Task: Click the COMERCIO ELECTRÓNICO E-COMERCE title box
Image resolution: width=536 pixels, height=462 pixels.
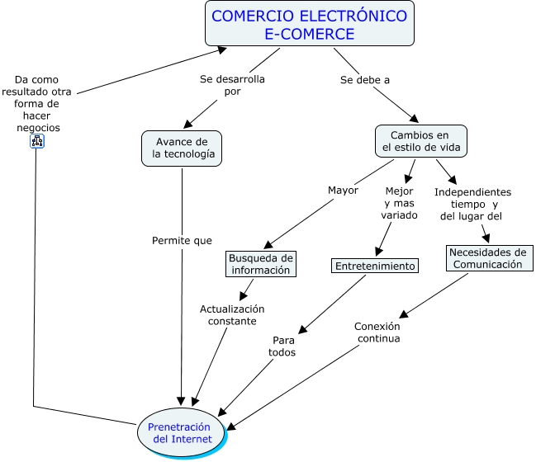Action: (x=309, y=24)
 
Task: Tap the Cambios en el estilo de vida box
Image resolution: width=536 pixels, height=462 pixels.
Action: (x=420, y=141)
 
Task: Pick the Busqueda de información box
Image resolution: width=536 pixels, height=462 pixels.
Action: (x=260, y=263)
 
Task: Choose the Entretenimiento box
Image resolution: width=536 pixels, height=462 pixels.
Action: (x=375, y=266)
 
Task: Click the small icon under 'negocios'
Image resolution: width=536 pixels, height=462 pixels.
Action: (x=37, y=141)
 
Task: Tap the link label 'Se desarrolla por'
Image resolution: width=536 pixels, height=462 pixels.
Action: (x=232, y=86)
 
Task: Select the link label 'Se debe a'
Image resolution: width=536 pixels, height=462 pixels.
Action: (x=364, y=80)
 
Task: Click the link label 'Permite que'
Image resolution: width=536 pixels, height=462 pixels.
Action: (x=182, y=241)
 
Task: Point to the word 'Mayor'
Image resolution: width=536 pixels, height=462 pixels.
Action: (x=343, y=190)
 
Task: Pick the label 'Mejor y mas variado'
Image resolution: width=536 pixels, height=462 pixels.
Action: (x=401, y=203)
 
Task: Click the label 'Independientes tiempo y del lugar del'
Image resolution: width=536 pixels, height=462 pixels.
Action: (x=472, y=204)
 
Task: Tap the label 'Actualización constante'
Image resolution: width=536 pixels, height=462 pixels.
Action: (x=232, y=314)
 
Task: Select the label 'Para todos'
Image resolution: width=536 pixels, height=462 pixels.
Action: (x=282, y=346)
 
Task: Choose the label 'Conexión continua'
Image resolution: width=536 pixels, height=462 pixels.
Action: (x=377, y=332)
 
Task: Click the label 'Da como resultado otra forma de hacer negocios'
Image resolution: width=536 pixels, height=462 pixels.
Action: (x=37, y=104)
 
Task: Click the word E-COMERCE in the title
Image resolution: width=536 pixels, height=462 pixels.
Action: (x=309, y=34)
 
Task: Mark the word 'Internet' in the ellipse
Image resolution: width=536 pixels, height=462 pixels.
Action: (x=192, y=439)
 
